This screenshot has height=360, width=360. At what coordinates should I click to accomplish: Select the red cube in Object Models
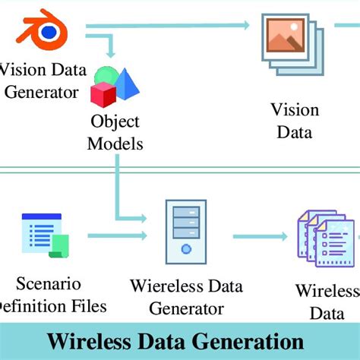[x=103, y=94]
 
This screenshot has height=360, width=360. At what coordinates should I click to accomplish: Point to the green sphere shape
[x=106, y=77]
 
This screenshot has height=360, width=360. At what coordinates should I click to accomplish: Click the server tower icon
[x=185, y=231]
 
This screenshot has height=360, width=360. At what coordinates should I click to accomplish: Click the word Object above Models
[x=115, y=122]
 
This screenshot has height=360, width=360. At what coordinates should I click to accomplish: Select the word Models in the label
[x=115, y=143]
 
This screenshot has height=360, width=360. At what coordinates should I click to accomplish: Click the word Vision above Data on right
[x=294, y=110]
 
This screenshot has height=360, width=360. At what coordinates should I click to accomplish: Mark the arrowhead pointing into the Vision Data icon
[x=245, y=26]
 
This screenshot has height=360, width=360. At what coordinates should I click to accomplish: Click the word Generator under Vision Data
[x=40, y=93]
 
